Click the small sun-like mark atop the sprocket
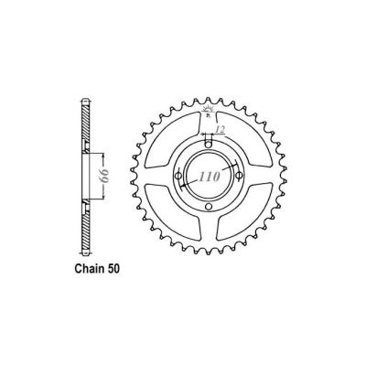210,107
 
